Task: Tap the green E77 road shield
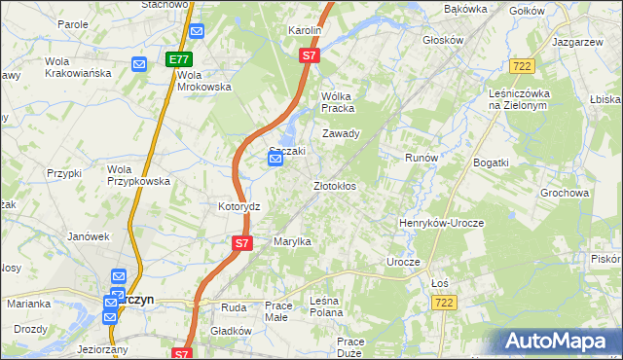[178, 59]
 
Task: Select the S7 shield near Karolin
[309, 56]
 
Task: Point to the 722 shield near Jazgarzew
[521, 65]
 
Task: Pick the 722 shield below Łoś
[442, 304]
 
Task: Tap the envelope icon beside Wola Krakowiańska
[138, 65]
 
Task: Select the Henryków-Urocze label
[441, 223]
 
